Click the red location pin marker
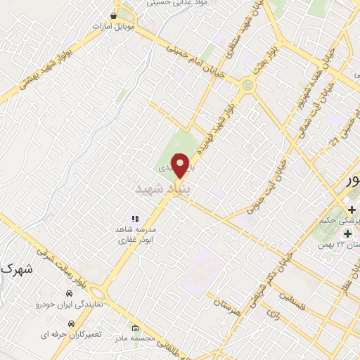click(181, 165)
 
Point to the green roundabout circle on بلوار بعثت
click(246, 86)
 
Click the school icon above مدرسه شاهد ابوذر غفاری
click(136, 219)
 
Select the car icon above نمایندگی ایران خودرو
click(69, 293)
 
